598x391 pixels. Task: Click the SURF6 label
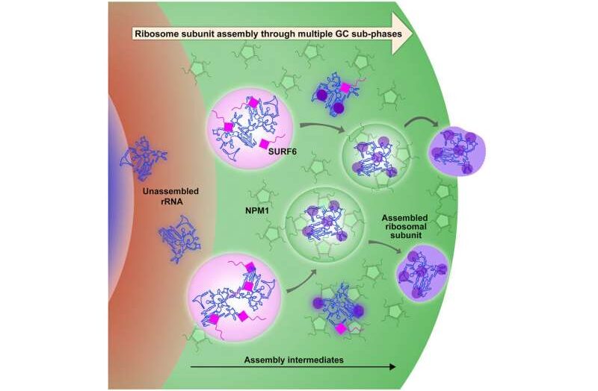point(283,151)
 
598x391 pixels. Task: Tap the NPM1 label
point(257,210)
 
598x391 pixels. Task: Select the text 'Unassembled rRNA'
point(171,196)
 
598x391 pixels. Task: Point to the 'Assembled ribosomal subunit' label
point(404,227)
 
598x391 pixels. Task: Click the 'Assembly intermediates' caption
point(294,360)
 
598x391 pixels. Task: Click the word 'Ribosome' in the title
point(152,34)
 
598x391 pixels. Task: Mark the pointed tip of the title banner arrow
point(413,34)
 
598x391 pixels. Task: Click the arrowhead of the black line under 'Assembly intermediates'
point(393,367)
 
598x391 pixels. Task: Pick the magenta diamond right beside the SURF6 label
point(264,144)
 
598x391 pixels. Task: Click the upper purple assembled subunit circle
point(457,151)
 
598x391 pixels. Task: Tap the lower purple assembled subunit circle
point(423,272)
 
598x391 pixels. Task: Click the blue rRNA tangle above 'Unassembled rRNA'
point(144,157)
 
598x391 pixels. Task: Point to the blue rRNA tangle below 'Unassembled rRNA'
point(179,239)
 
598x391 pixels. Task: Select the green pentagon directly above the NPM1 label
point(263,195)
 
